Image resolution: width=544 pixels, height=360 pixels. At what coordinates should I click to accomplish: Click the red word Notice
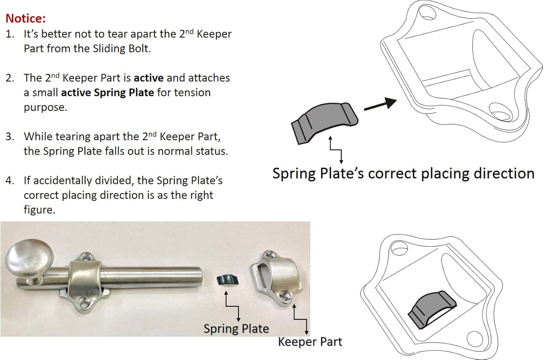[x=25, y=18]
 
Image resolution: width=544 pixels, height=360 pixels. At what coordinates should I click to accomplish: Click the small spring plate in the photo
[x=227, y=280]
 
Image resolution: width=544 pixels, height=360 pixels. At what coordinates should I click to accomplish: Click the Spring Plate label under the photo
[x=236, y=328]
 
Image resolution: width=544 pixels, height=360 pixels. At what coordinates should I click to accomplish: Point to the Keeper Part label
[x=310, y=342]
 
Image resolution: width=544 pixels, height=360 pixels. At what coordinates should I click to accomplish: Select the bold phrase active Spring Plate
[x=107, y=92]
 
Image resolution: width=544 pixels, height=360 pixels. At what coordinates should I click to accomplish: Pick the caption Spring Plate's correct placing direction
[x=403, y=173]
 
